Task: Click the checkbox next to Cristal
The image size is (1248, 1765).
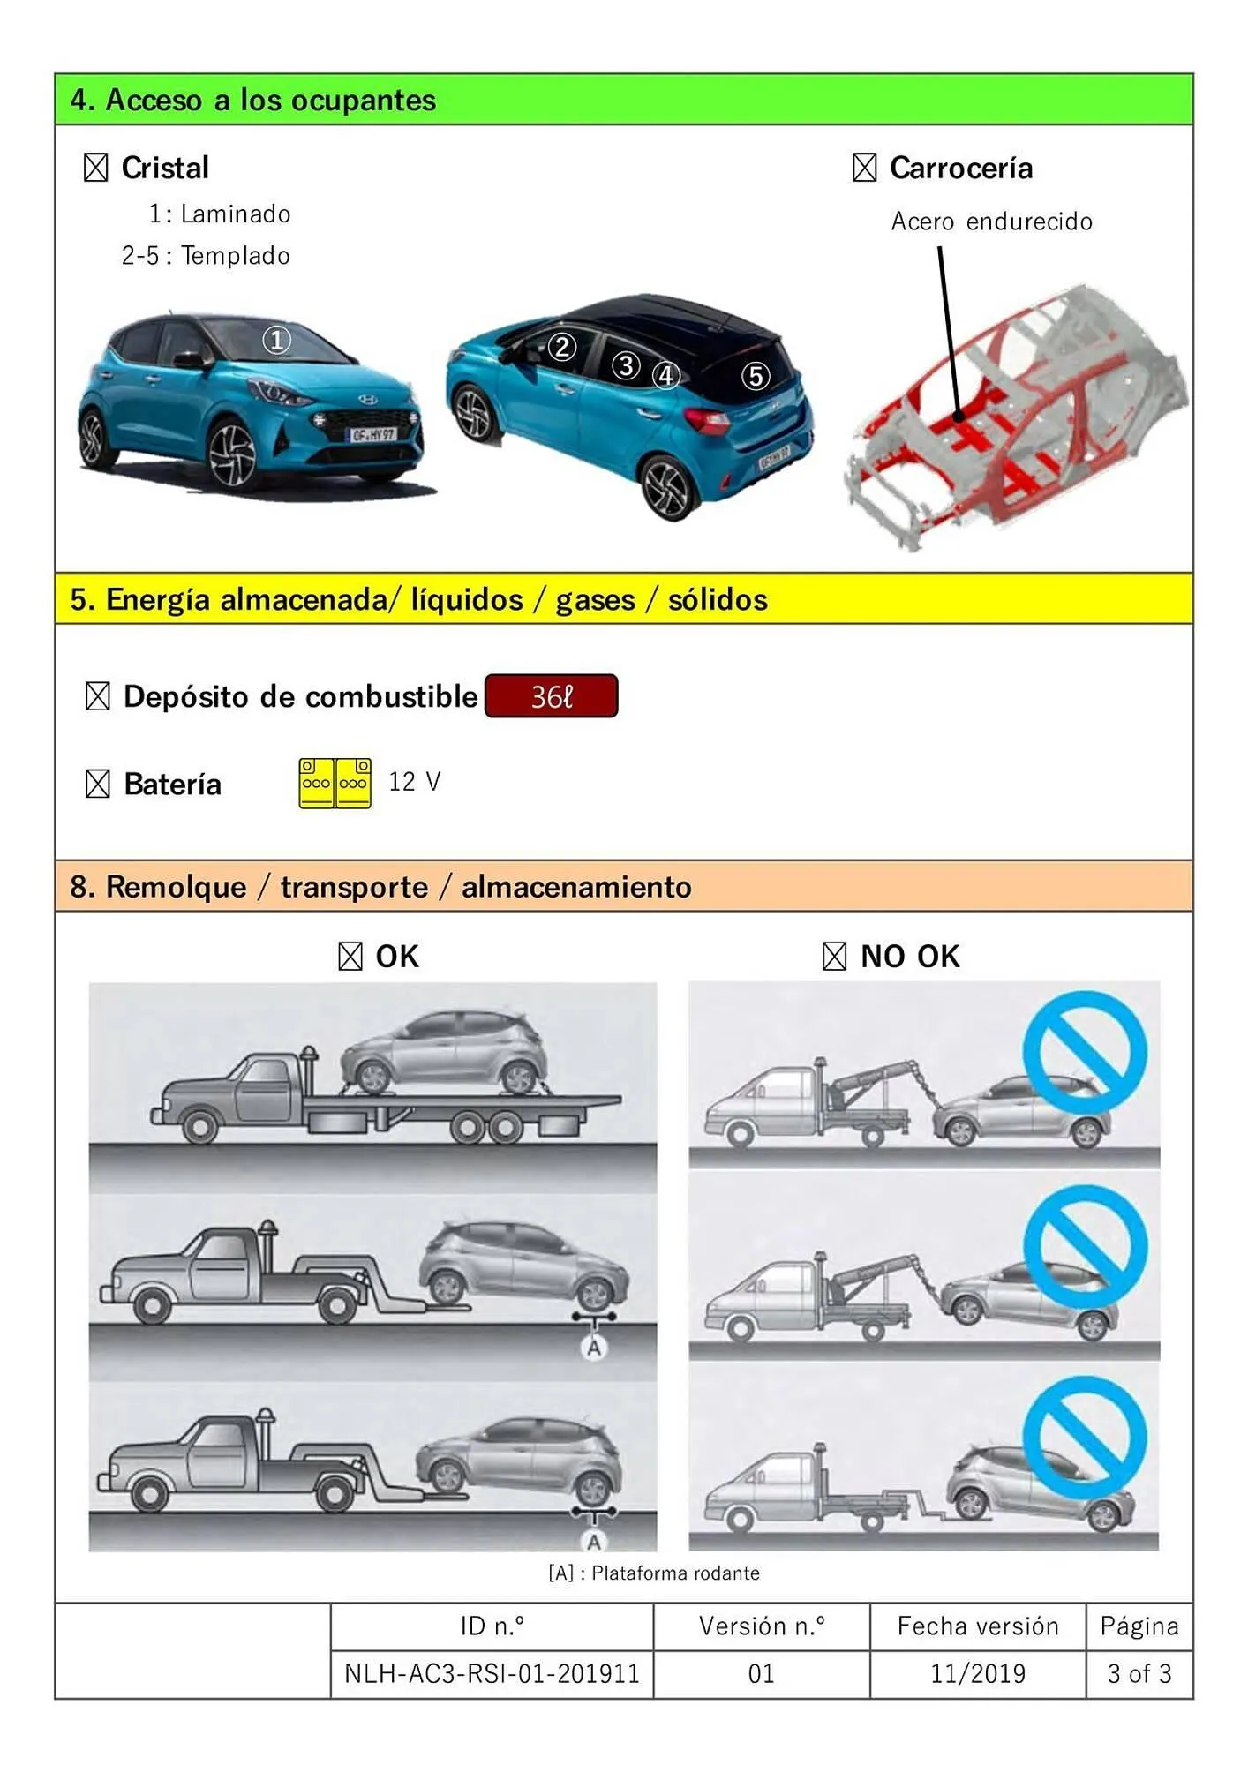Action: pyautogui.click(x=96, y=168)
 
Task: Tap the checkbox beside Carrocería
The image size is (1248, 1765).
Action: pyautogui.click(x=864, y=168)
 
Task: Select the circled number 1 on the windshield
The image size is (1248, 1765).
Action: pyautogui.click(x=277, y=340)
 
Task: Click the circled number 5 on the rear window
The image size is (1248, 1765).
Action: pyautogui.click(x=755, y=377)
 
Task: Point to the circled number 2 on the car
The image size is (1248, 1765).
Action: pyautogui.click(x=562, y=347)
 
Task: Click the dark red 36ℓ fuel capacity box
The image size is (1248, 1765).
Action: pyautogui.click(x=551, y=696)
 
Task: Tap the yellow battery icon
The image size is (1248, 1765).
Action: pyautogui.click(x=335, y=783)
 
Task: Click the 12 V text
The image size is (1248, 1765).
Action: pyautogui.click(x=414, y=782)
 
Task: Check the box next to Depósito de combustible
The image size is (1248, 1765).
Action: pyautogui.click(x=98, y=696)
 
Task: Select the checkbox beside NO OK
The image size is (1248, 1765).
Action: pyautogui.click(x=834, y=956)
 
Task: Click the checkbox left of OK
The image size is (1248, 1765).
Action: pyautogui.click(x=350, y=956)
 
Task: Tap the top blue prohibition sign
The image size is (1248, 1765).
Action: pyautogui.click(x=1085, y=1052)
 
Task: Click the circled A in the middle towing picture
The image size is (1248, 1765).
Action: pyautogui.click(x=594, y=1348)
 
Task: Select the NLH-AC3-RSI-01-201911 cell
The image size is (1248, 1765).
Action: pyautogui.click(x=492, y=1674)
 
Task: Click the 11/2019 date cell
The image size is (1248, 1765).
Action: pyautogui.click(x=977, y=1674)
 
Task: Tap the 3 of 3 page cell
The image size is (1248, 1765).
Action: pyautogui.click(x=1139, y=1674)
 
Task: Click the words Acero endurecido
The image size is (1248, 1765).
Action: pyautogui.click(x=991, y=222)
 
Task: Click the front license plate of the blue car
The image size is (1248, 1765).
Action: pyautogui.click(x=372, y=434)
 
